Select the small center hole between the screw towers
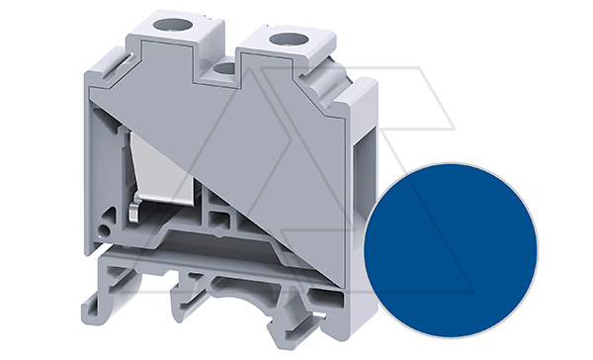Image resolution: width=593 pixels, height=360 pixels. click(x=226, y=69)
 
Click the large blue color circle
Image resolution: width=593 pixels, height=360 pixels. click(x=450, y=238)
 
